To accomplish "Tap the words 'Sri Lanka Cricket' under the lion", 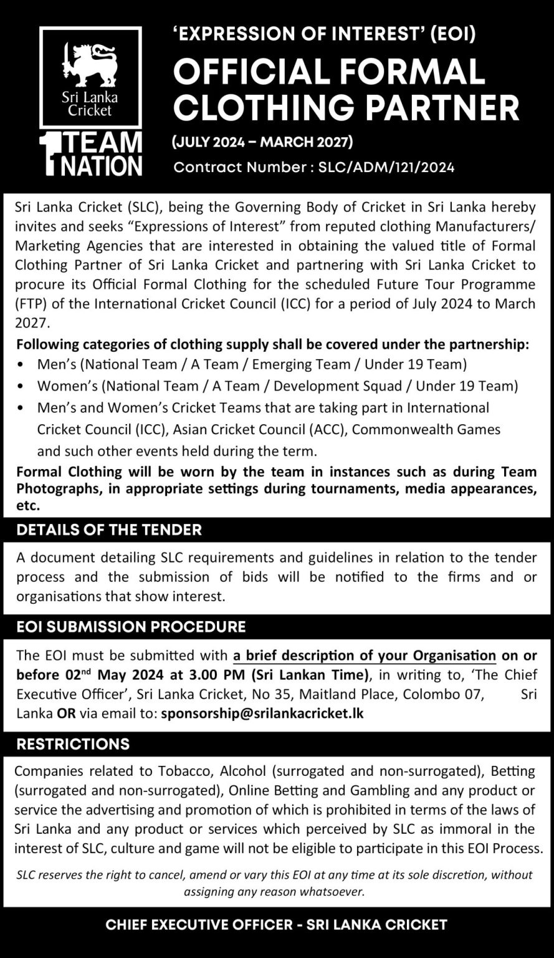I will [x=90, y=104].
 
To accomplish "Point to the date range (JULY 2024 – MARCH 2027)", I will [x=262, y=143].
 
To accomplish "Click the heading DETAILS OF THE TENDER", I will [x=109, y=530].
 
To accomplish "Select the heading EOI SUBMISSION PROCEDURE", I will [x=131, y=626].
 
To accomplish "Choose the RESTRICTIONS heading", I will [x=73, y=743].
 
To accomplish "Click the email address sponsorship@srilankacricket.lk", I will [x=262, y=713].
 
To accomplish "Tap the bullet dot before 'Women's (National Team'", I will [x=22, y=387].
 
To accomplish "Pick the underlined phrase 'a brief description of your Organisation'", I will [x=365, y=656].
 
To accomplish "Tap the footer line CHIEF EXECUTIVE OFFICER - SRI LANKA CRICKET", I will [x=277, y=924].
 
